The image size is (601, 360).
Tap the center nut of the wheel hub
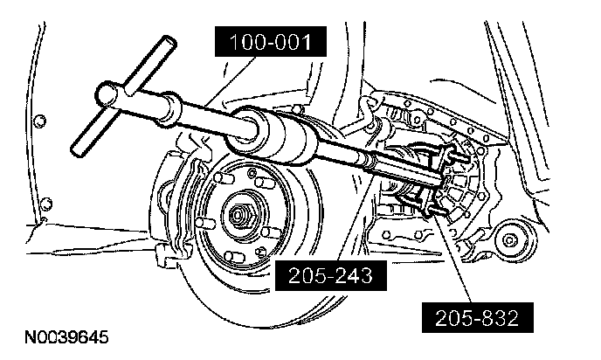[x=238, y=213]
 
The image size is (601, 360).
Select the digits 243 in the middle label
[x=347, y=276]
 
